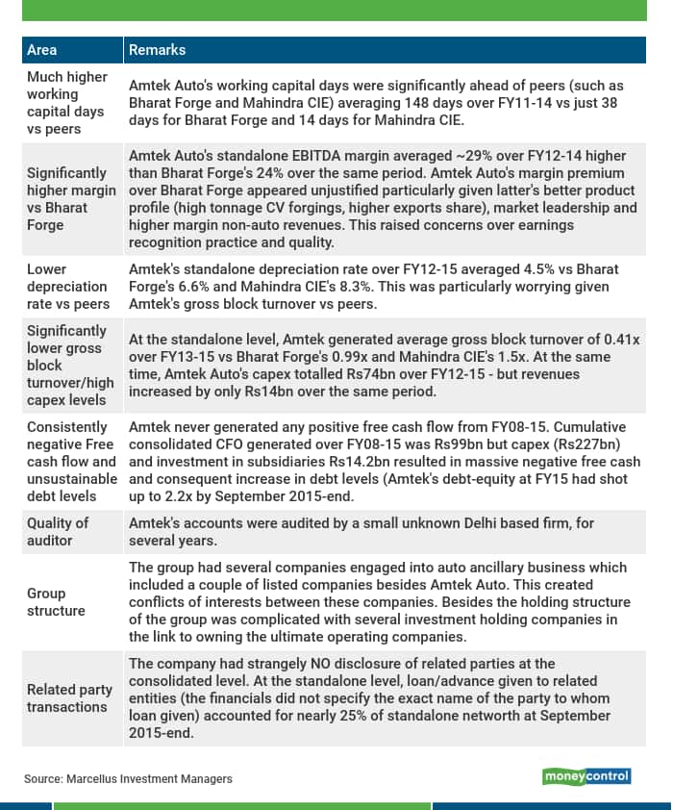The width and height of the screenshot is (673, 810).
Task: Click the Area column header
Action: [x=41, y=49]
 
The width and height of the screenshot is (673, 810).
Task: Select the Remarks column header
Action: [x=157, y=49]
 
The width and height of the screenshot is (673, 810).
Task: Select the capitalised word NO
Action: [x=306, y=664]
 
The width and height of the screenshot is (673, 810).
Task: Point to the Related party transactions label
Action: [x=67, y=698]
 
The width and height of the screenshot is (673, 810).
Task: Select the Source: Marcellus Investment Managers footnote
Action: [x=128, y=778]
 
